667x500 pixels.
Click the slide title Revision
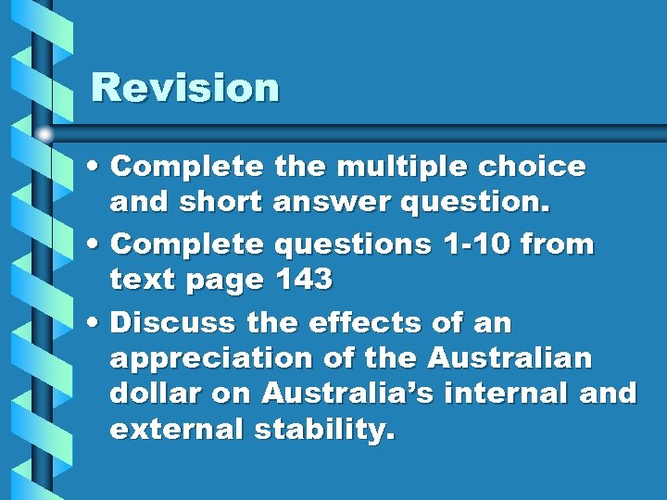(x=184, y=88)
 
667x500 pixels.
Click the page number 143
(x=302, y=280)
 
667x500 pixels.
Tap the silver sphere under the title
(x=44, y=135)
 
